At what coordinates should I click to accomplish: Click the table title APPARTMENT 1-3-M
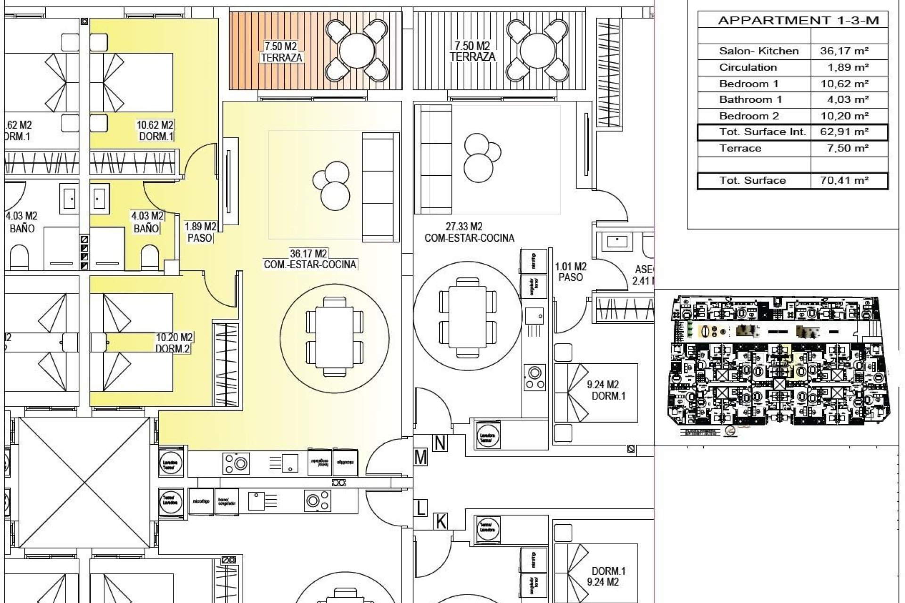coord(798,21)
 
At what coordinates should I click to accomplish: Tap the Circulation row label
coord(748,67)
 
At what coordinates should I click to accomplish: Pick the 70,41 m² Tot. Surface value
coord(844,180)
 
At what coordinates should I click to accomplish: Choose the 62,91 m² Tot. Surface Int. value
coord(844,132)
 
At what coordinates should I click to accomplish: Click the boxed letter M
coord(420,457)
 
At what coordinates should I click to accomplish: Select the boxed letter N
coord(440,443)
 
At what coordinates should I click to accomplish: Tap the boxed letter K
coord(440,522)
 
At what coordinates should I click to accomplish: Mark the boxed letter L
coord(420,508)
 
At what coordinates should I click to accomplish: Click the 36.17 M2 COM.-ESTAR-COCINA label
coord(310,259)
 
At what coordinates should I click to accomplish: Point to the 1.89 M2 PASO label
coord(200,232)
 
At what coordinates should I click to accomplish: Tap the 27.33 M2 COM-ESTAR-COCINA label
coord(469,232)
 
